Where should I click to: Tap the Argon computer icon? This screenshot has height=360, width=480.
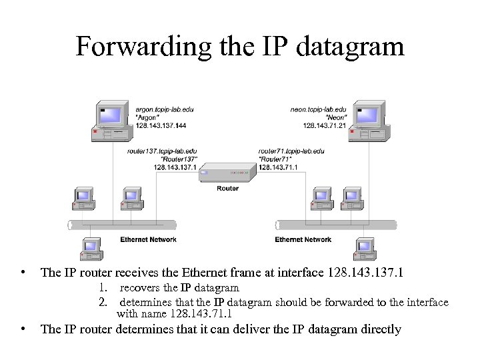point(111,121)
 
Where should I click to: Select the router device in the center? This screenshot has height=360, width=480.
point(227,173)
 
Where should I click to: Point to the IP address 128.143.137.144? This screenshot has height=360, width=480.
point(161,125)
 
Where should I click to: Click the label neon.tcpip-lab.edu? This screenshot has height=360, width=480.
point(318,109)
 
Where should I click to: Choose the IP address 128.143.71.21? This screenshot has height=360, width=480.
point(324,125)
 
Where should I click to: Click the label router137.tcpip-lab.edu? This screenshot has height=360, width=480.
point(162,151)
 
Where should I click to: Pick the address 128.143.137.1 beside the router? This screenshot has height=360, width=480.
point(175,167)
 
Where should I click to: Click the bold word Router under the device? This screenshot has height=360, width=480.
point(227,189)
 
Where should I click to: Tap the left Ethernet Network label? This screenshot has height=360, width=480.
point(148,239)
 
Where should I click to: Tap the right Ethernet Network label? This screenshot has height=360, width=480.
point(303,239)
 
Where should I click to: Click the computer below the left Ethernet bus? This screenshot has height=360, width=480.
point(90,249)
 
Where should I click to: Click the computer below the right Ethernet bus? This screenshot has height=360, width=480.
point(365,249)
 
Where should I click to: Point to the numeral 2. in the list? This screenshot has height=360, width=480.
point(103,302)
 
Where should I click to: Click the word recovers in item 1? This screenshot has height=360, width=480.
point(140,288)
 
